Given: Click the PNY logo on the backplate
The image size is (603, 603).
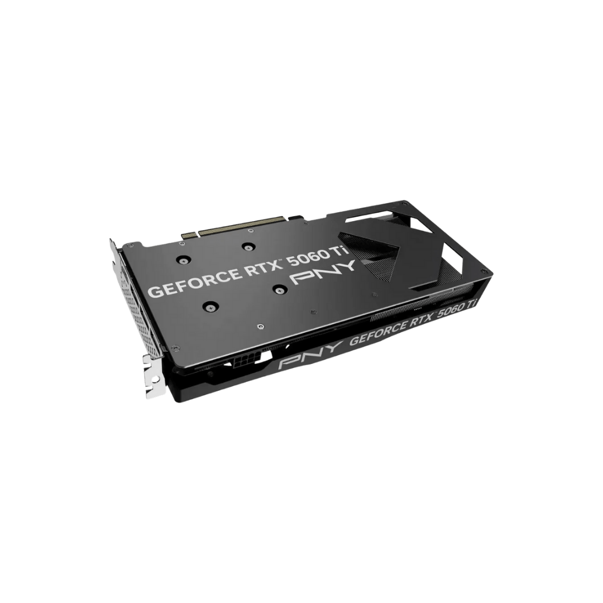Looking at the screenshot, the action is (323, 272).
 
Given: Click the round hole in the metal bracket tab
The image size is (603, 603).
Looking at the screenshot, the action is (155, 379).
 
